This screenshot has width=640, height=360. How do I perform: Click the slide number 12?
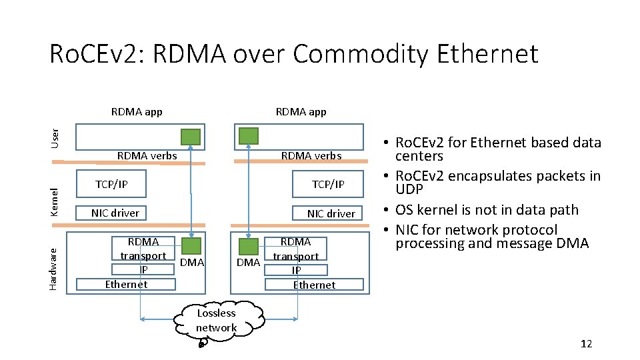pos(586,344)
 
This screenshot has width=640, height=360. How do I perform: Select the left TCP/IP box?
pos(111,184)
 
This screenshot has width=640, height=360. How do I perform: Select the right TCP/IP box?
pos(328,184)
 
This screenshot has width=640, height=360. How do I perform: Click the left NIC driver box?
pos(111,213)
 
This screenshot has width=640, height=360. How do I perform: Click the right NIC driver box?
pos(327,213)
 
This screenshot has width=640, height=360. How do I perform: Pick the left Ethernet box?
pos(126,285)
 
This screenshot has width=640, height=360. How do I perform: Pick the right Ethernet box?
pos(314,285)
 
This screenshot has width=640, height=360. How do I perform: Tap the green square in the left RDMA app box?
pos(191,137)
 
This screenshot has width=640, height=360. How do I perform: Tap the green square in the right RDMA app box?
pos(249,136)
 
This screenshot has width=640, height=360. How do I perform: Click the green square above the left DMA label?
pos(191,246)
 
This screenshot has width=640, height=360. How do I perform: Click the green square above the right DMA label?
pos(249,247)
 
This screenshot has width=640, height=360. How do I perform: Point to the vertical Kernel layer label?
pos(54,202)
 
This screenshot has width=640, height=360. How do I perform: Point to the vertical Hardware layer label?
pos(53,269)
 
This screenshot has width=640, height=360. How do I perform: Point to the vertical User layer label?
pos(55,139)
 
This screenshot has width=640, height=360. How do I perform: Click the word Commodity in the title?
pos(361,54)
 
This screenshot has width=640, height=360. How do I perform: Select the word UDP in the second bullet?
pos(409,189)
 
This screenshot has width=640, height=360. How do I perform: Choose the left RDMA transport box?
pos(143,248)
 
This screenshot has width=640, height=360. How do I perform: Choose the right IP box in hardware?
pos(296,270)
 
